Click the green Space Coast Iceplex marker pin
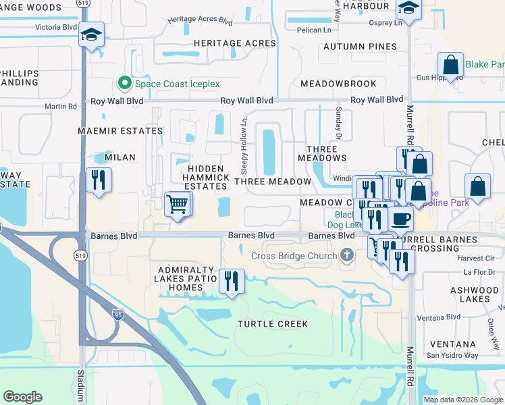click(124, 84)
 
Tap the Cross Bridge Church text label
click(294, 256)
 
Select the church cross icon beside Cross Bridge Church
click(347, 255)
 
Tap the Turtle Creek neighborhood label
click(273, 324)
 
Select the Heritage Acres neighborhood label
click(235, 43)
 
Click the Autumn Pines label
click(360, 47)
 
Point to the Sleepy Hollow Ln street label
click(245, 136)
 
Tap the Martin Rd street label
click(61, 107)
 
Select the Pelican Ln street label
click(318, 30)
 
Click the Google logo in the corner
click(23, 397)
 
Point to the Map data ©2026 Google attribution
click(462, 400)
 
